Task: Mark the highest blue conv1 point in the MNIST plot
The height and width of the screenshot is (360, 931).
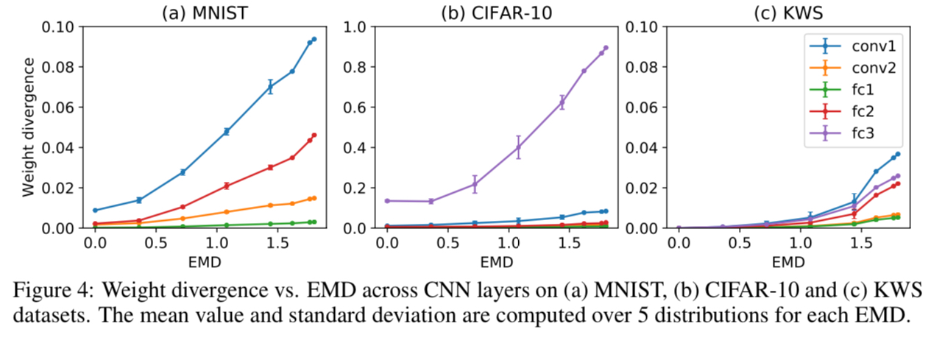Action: [314, 39]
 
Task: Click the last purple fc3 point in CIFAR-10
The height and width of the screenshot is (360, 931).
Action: [606, 48]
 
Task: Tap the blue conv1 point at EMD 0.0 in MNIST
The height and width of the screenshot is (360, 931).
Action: [95, 211]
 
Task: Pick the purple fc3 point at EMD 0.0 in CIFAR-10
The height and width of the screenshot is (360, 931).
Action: [386, 200]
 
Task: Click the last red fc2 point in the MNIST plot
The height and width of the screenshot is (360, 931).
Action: [314, 135]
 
